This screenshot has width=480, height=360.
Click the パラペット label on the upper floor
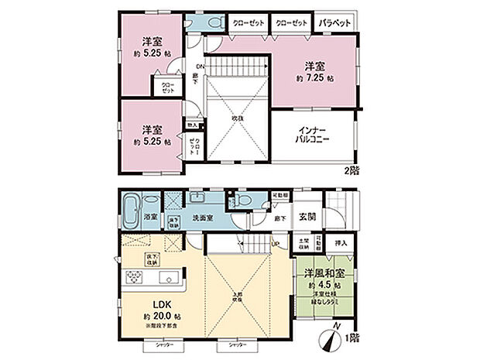[334, 23]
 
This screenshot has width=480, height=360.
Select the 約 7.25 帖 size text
[314, 78]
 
